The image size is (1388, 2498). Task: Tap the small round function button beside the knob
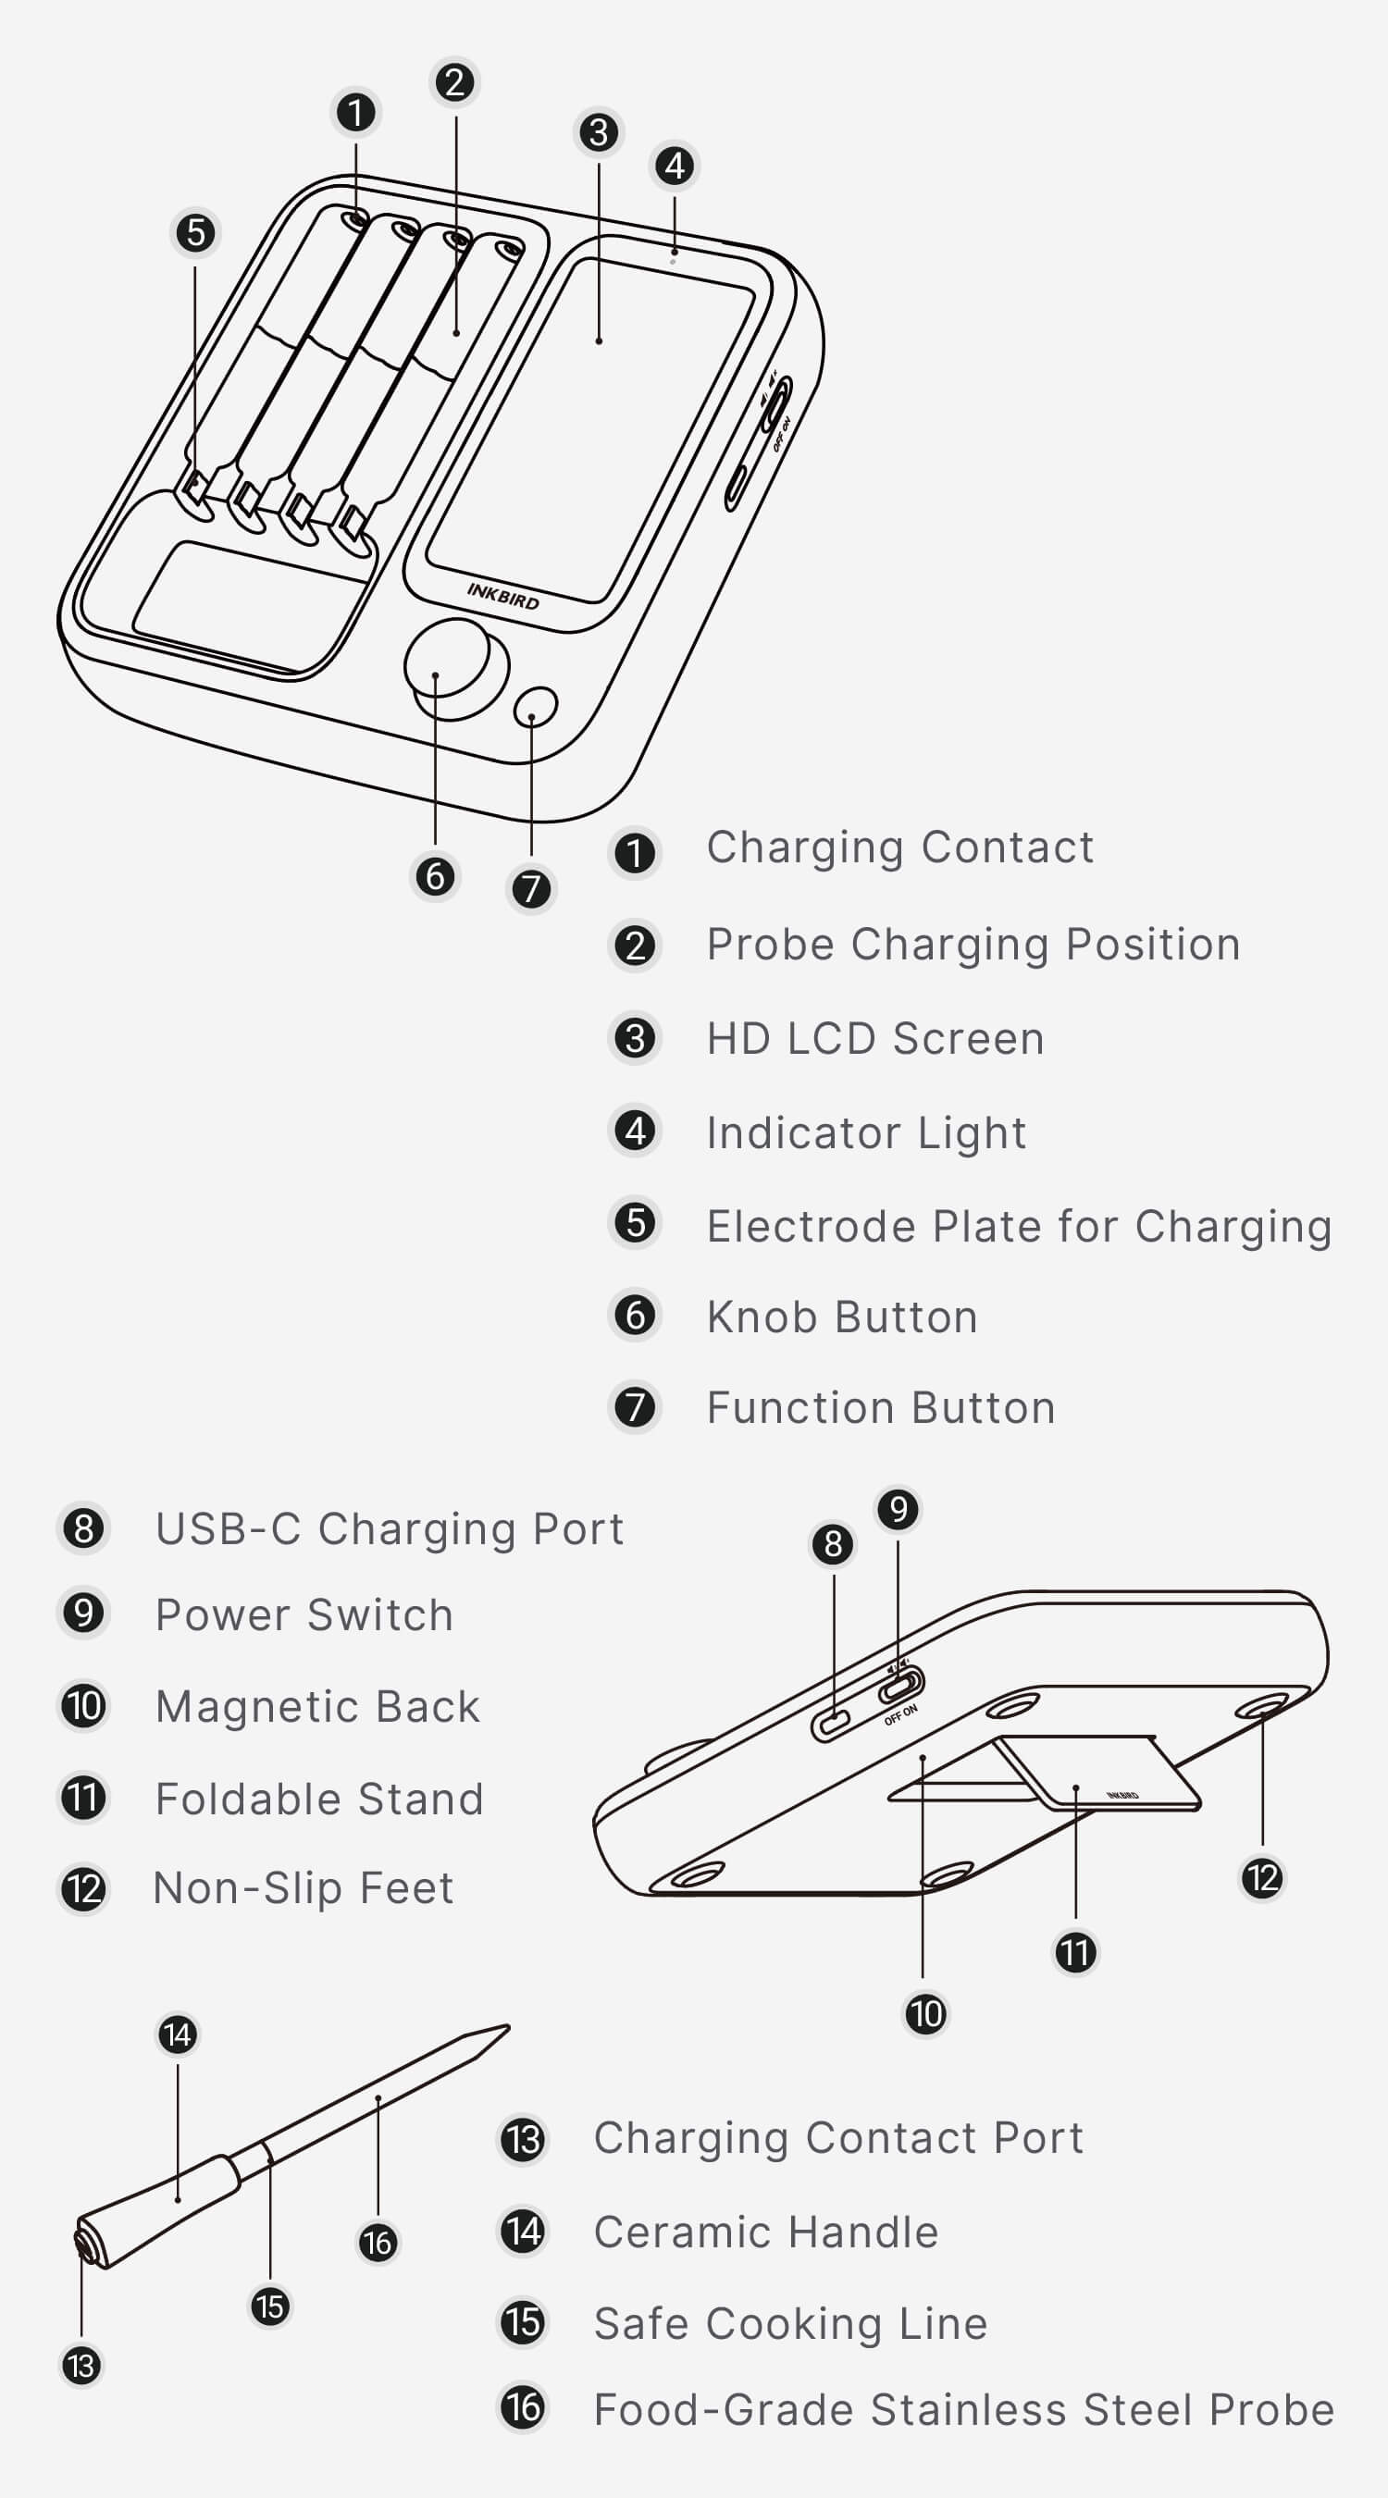536,707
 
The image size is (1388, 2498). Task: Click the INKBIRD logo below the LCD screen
502,596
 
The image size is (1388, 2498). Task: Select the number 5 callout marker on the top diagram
196,233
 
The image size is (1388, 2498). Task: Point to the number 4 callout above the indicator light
675,165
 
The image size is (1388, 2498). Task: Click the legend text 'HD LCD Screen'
874,1039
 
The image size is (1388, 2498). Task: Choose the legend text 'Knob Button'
842,1317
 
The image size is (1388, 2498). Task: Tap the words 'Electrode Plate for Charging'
1019,1227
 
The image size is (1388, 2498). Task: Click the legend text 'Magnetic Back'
318,1707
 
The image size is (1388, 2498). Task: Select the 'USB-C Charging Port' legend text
390,1529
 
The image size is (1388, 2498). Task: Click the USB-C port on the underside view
831,1725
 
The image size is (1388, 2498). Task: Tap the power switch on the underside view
901,1688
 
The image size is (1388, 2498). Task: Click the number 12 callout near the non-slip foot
1263,1878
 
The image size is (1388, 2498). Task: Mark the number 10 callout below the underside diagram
924,2014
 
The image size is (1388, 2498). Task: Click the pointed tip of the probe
507,2026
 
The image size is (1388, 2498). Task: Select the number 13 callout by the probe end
81,2365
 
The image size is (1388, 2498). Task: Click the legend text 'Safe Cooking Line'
790,2323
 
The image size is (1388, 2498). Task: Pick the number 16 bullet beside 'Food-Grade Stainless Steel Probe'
523,2405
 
